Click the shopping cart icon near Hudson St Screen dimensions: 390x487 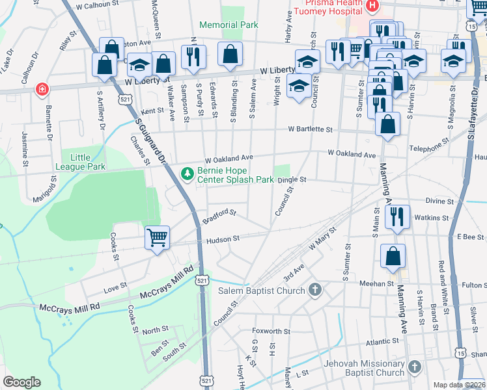(157, 238)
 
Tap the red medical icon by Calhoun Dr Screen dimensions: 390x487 (42, 88)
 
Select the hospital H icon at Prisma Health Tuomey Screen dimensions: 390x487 (372, 6)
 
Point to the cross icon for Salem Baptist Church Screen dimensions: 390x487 (315, 290)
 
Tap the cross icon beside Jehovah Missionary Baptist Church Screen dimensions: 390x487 (414, 368)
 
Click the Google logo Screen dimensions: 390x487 (21, 382)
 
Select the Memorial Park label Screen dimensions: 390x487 (229, 25)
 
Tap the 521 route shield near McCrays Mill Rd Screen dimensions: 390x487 (203, 279)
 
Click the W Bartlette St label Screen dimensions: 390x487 (311, 129)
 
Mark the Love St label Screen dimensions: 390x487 (115, 287)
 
